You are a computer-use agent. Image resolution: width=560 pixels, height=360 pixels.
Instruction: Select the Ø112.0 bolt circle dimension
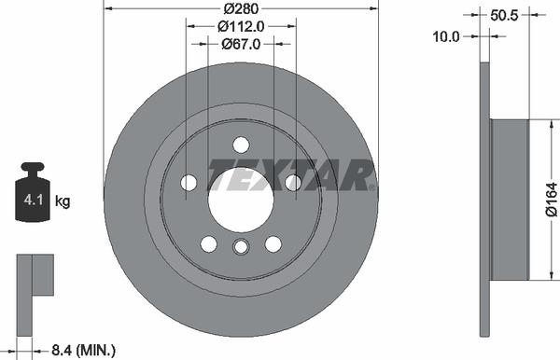point(240,27)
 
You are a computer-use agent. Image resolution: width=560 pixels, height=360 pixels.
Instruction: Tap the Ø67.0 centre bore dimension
point(240,43)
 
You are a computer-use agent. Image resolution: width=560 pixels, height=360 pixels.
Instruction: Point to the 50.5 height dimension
point(503,16)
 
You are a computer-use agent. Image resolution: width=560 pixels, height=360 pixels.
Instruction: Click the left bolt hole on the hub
point(189,183)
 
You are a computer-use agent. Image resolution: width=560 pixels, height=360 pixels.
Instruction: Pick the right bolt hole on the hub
point(292,183)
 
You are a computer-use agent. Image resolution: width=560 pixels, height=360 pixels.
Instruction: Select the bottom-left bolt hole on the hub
point(208,243)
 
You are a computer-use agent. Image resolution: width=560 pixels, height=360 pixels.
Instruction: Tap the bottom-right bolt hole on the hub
point(273,243)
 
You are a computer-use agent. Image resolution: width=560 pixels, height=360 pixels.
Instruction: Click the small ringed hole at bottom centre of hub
point(240,246)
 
